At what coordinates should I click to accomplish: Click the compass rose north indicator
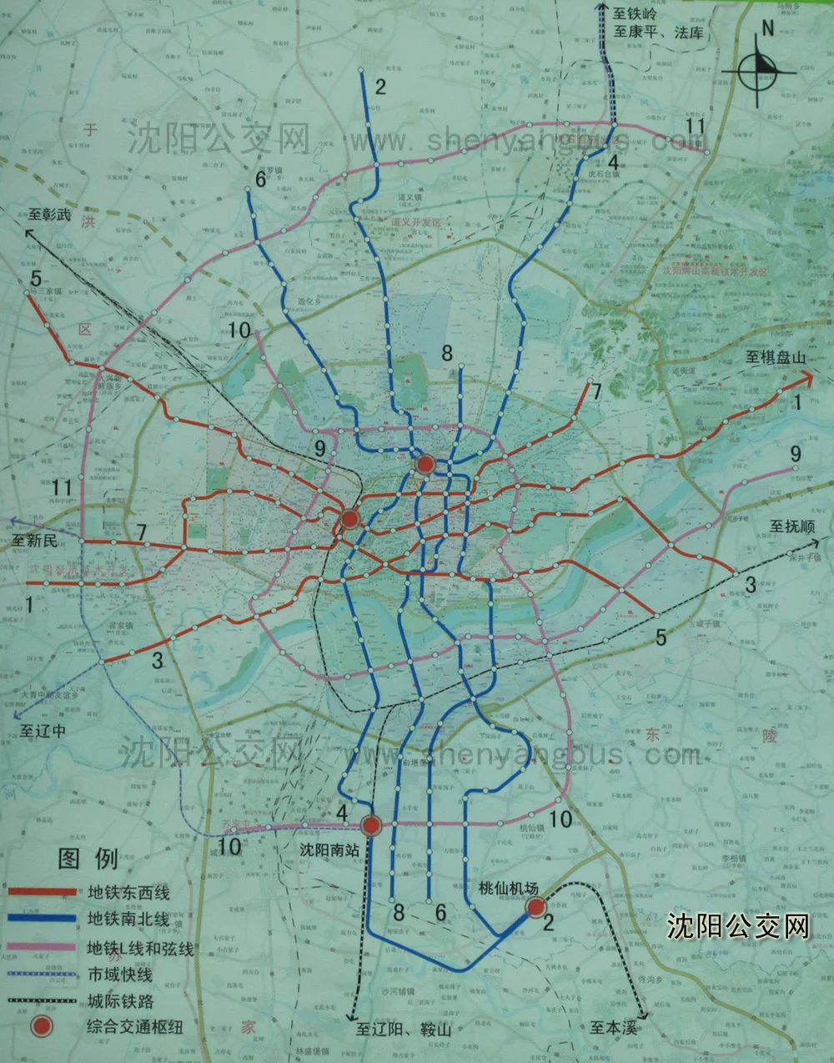762,70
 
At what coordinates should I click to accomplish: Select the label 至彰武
50,214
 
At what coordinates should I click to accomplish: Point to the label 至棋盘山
776,357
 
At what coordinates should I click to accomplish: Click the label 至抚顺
792,526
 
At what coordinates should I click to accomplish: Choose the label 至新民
35,541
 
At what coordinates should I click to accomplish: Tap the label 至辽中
43,731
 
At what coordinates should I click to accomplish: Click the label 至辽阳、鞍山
403,1029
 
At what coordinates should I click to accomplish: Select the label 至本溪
613,1027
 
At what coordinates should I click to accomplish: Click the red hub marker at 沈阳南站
371,826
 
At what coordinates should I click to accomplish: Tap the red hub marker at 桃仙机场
535,907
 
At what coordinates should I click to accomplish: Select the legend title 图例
88,859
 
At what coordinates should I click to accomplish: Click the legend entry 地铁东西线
128,893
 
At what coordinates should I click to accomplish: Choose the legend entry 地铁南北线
128,919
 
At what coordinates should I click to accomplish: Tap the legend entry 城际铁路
120,1001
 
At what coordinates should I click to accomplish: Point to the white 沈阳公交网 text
738,926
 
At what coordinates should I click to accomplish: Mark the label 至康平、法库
659,33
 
